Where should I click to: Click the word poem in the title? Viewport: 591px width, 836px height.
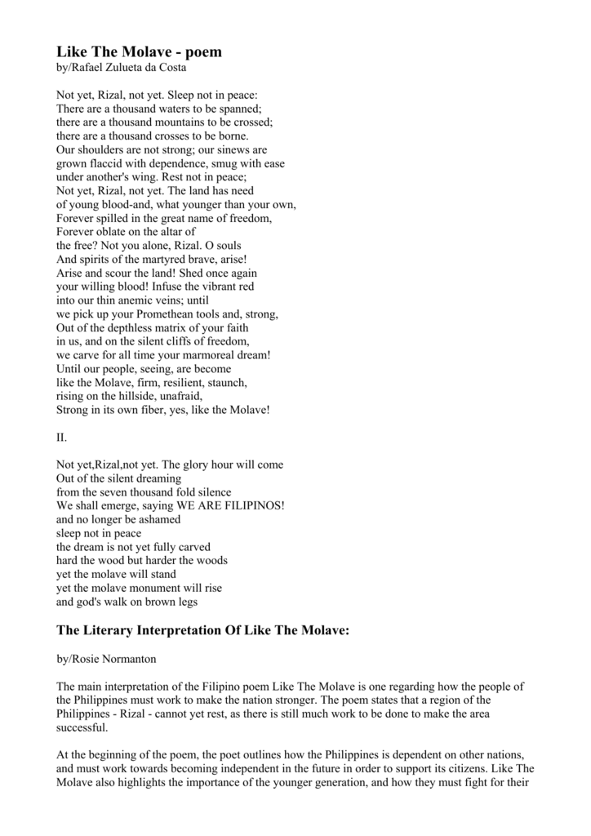[x=201, y=52]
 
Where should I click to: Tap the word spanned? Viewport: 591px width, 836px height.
[x=238, y=109]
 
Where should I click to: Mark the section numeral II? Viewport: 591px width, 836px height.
[x=61, y=438]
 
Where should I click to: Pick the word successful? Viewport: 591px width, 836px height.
[x=81, y=727]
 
